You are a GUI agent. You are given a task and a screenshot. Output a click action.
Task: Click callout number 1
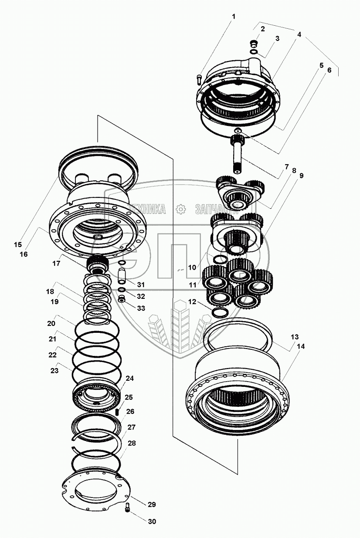coord(233,17)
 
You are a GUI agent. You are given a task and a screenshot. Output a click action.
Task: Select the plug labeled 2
coord(254,44)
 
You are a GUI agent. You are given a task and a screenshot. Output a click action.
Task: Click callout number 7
coord(286,167)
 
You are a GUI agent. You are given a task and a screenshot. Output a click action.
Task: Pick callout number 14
coord(300,346)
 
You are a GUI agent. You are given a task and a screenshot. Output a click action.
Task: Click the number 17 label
coord(56,264)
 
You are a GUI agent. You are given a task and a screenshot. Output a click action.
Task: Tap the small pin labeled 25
coord(118,412)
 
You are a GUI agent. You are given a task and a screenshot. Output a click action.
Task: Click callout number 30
coord(152,521)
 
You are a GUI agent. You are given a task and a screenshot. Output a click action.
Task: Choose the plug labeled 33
coord(122,299)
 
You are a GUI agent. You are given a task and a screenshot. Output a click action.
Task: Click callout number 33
coord(141,308)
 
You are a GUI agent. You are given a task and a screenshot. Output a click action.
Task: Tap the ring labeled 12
coord(220,312)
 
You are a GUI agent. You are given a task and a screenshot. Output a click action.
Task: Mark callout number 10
coord(192,267)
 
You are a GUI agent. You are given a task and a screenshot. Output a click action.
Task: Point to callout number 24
coord(129,378)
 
